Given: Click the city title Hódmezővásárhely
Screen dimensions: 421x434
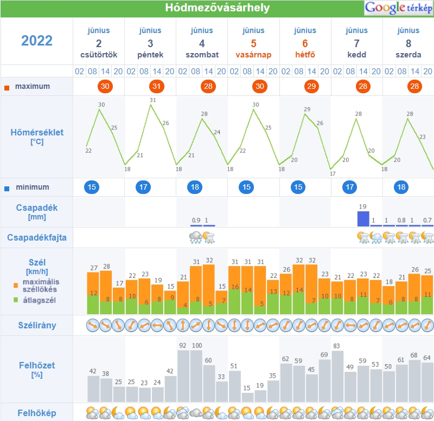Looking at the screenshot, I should tap(217, 8).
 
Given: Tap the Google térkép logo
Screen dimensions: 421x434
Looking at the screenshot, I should tap(399, 8).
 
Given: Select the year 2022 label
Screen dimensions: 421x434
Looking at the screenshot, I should tap(37, 41).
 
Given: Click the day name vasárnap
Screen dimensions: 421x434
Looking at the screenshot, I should tap(253, 55).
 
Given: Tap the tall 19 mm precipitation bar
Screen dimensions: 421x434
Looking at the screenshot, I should tap(363, 219).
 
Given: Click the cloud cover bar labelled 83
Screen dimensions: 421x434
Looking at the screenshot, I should tap(337, 376).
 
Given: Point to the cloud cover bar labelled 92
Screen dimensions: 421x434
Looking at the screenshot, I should tap(183, 376).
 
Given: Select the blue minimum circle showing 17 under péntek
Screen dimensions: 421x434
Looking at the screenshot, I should tap(143, 187).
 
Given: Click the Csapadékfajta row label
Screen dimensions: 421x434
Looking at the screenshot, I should tap(37, 237).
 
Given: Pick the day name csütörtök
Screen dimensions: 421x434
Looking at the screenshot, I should tap(99, 55).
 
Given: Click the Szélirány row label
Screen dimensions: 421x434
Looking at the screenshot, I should tap(37, 326).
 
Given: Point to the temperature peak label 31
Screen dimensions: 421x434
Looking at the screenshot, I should tap(152, 100).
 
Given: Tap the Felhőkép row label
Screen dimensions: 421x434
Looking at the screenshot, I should tap(37, 412).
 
